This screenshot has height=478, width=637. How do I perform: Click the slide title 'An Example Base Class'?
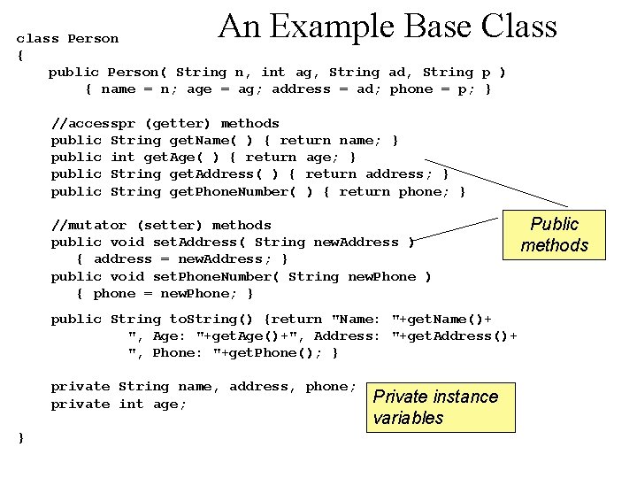(388, 27)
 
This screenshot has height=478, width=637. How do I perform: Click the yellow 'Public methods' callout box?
(554, 235)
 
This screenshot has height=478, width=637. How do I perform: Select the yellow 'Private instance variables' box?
(441, 407)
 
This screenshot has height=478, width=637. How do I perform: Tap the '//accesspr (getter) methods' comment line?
(165, 123)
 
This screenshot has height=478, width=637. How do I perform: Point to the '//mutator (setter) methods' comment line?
(161, 225)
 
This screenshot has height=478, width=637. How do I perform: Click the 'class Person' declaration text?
(67, 38)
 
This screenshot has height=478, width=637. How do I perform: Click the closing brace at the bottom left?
(20, 437)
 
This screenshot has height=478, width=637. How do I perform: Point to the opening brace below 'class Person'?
(20, 55)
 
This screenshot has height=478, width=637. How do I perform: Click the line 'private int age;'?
(119, 404)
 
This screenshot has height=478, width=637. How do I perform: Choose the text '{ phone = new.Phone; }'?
(165, 293)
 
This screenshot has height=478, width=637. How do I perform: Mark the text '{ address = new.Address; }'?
(182, 258)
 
